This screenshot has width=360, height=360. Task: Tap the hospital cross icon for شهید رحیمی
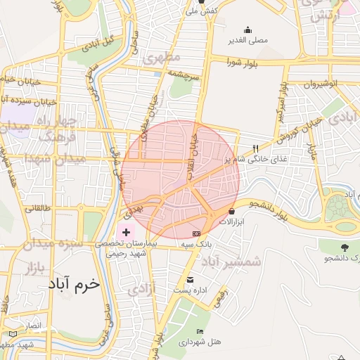click(126, 232)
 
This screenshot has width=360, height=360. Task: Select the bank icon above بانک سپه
click(196, 233)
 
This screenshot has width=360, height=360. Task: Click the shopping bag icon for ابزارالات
click(232, 210)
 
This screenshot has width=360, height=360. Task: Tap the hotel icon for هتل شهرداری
click(201, 331)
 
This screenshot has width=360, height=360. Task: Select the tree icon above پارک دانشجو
click(344, 248)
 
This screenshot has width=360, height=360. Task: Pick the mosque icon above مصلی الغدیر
click(247, 30)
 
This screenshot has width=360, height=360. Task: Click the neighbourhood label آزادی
click(140, 288)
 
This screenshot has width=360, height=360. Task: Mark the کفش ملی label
click(200, 12)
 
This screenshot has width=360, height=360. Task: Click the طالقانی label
click(39, 208)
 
